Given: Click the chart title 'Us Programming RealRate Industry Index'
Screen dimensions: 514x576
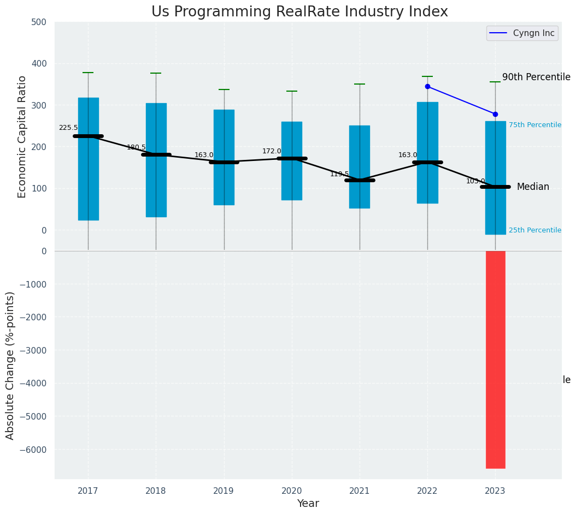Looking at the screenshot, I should point(299,12).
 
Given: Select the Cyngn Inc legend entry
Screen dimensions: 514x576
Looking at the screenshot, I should point(522,33).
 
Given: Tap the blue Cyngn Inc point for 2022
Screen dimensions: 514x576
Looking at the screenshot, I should point(427,86).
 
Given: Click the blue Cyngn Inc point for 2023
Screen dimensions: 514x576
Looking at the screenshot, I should point(495,114).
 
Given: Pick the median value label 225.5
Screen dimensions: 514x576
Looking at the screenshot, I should point(68,128).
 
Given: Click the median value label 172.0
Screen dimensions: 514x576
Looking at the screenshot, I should point(272,151).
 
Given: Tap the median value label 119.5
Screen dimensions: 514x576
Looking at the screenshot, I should point(339,174).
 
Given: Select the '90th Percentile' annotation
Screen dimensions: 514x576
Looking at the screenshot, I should point(536,77).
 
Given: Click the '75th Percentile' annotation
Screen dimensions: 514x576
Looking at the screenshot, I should point(535,125).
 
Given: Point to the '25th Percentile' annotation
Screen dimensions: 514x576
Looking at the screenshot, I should point(535,230).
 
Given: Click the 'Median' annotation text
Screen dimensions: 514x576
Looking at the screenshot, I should point(533,187).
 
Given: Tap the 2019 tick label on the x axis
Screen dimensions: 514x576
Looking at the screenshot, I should point(224,491).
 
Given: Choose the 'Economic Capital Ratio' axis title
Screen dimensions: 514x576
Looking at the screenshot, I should point(22,136).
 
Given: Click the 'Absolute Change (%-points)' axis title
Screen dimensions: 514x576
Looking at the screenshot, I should point(10,365).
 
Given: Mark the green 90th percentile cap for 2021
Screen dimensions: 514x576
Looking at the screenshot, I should point(360,84).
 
